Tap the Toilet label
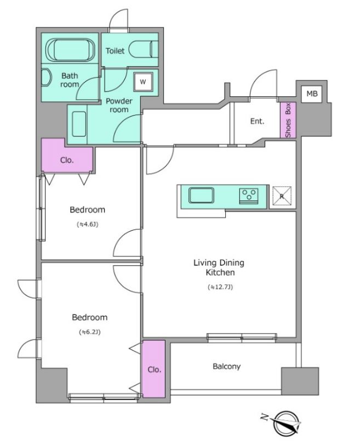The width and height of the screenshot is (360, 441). tap(115, 51)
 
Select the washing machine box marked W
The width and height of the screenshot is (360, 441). tap(143, 82)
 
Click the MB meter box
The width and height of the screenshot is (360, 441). tap(312, 94)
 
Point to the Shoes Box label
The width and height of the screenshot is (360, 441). tap(288, 120)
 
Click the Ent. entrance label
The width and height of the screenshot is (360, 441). tap(257, 121)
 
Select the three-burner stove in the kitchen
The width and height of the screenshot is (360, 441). tap(249, 196)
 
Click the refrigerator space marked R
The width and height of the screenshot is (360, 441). tap(282, 196)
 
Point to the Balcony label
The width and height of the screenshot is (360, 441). tap(226, 366)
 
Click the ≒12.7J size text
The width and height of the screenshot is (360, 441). tap(220, 287)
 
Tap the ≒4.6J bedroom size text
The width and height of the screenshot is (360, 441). tap(88, 225)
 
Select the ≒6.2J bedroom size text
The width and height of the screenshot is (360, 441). tap(90, 332)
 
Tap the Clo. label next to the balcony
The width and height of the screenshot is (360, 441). tap(155, 369)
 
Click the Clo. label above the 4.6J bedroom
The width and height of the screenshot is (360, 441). tap(67, 160)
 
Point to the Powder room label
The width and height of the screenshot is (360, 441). tap(119, 105)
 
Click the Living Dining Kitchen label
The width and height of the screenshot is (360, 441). tap(219, 267)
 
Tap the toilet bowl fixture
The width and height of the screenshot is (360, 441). tap(144, 50)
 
